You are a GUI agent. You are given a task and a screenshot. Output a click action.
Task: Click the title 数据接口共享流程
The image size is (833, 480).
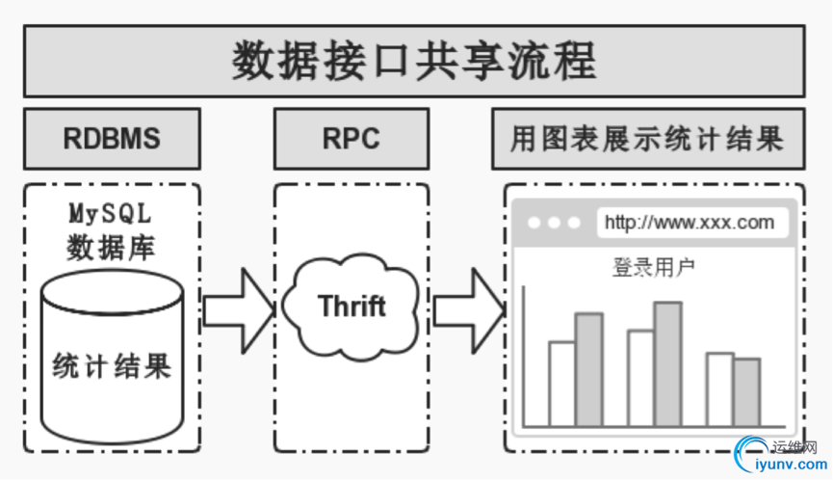point(414,61)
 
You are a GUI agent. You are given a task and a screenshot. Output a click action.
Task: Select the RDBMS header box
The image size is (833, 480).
point(112,139)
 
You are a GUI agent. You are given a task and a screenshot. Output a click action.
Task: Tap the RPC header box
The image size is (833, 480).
point(351,139)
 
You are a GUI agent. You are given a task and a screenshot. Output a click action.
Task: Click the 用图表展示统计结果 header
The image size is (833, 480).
point(647,139)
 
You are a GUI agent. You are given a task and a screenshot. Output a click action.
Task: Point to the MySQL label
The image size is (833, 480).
point(111,212)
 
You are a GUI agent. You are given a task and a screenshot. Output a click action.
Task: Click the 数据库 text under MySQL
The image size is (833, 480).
point(111,248)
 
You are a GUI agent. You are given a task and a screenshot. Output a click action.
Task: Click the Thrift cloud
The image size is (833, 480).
point(351,307)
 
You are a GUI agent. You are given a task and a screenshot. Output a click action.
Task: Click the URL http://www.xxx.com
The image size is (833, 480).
point(690,223)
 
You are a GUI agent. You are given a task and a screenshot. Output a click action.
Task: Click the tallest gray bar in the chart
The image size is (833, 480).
point(667,364)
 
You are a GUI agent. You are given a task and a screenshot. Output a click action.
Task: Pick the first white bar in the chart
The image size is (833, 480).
point(561,384)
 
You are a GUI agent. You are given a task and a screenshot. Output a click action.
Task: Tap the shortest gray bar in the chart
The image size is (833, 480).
point(746,392)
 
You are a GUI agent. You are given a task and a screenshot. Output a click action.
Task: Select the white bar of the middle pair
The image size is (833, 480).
point(640,378)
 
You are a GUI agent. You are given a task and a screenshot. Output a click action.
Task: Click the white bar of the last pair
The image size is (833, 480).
point(719,389)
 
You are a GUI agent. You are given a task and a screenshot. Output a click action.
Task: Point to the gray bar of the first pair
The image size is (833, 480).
point(588,370)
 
